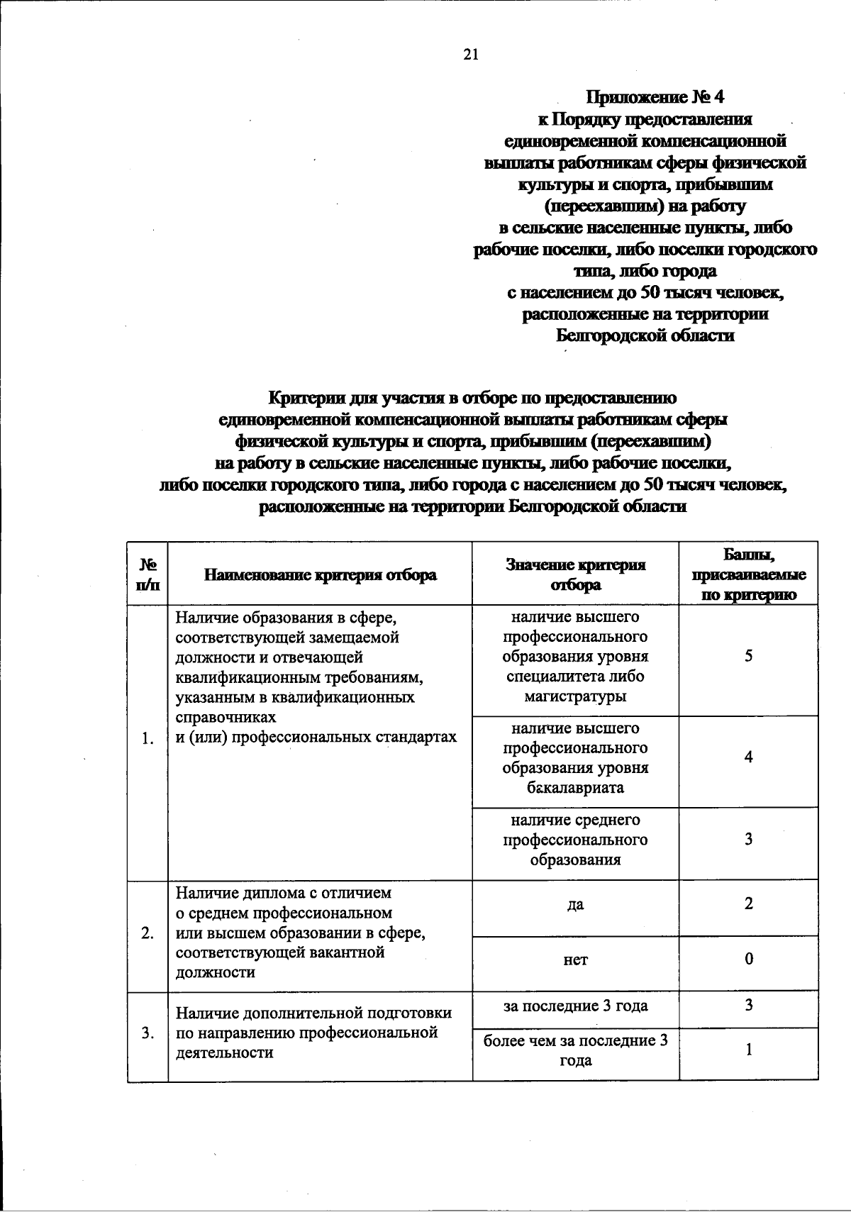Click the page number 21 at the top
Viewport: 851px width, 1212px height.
(x=471, y=55)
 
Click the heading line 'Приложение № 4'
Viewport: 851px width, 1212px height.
(x=646, y=97)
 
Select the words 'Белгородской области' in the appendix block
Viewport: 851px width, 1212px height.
(x=645, y=335)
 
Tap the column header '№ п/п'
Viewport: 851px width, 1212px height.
(x=148, y=574)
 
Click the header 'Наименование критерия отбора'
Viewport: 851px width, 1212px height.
(x=321, y=575)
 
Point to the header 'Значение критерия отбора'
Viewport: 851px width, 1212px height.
(x=576, y=574)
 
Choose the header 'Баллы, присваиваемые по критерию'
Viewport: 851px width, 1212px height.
(x=749, y=574)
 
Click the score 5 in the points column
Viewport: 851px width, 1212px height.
(x=749, y=657)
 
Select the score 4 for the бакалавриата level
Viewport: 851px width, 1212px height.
(x=749, y=757)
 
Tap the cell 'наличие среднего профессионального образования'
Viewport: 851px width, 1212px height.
(x=576, y=840)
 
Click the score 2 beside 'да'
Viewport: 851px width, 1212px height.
(x=749, y=904)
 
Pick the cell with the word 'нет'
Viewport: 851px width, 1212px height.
(x=576, y=960)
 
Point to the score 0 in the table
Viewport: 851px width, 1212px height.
(x=749, y=960)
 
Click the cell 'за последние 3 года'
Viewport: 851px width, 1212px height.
(x=576, y=1006)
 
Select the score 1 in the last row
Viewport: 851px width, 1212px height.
(x=749, y=1050)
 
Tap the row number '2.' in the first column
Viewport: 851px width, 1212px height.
(x=148, y=933)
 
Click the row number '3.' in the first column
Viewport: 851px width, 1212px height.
(x=148, y=1033)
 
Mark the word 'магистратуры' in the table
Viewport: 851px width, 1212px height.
(x=576, y=696)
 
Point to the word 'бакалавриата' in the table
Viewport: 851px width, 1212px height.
(x=576, y=788)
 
